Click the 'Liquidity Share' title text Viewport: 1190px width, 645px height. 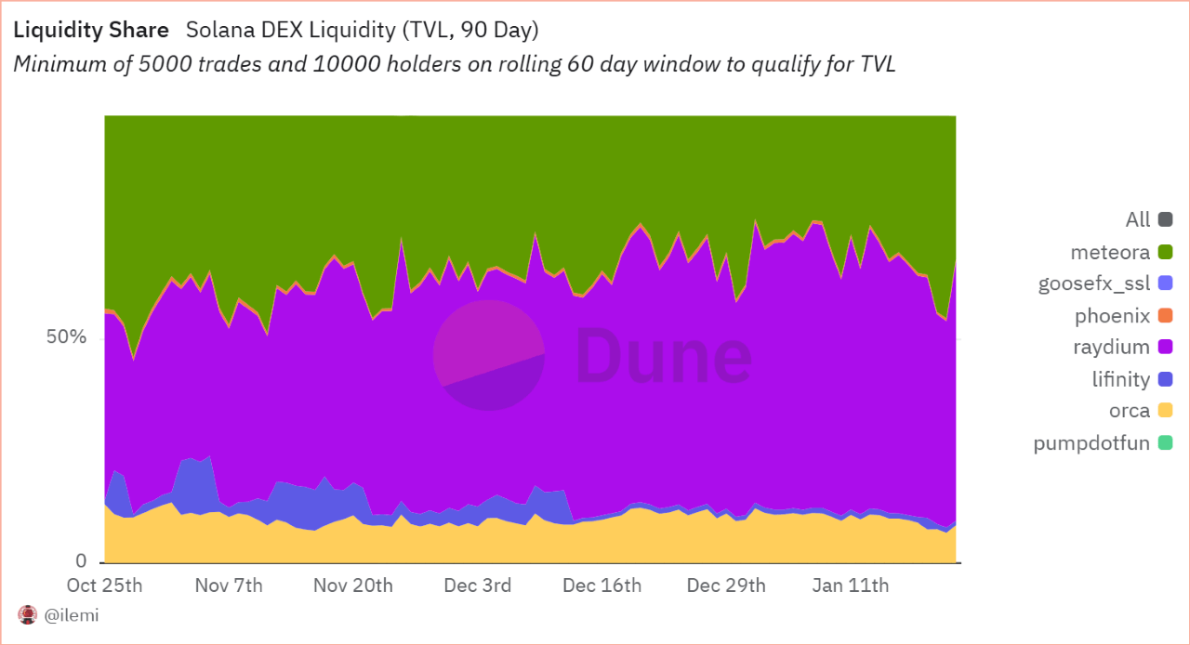click(91, 30)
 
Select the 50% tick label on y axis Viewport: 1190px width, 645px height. click(67, 337)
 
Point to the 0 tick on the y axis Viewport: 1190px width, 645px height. click(81, 561)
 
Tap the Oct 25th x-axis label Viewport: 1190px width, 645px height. click(105, 586)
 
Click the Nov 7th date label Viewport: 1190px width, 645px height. click(229, 586)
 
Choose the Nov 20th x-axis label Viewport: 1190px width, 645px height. click(353, 586)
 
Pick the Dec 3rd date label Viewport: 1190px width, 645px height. click(477, 586)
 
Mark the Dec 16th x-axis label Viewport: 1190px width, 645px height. click(602, 586)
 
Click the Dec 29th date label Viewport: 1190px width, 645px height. click(726, 586)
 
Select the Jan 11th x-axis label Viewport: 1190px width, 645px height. click(851, 586)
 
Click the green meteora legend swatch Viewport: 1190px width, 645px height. click(1165, 252)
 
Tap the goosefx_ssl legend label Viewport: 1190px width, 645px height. click(1094, 283)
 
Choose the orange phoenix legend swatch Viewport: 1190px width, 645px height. click(1165, 316)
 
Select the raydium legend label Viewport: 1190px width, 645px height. click(1112, 348)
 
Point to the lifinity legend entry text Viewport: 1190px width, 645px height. click(1120, 379)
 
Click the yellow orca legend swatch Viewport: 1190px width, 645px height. click(1165, 411)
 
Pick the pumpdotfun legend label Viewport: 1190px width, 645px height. click(1091, 442)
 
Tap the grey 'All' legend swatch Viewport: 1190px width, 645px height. click(1165, 220)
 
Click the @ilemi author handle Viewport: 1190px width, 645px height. click(72, 615)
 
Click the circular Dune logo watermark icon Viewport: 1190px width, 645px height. click(489, 355)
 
